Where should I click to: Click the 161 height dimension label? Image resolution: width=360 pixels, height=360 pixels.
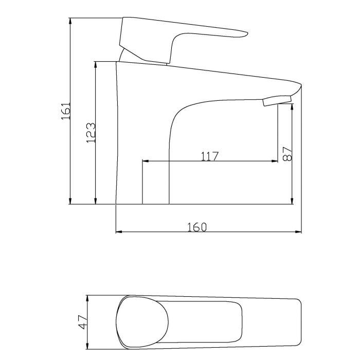pyautogui.click(x=65, y=111)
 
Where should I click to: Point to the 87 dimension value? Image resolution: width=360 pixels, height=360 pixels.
pyautogui.click(x=287, y=153)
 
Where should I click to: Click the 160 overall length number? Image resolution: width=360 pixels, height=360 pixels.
pyautogui.click(x=196, y=226)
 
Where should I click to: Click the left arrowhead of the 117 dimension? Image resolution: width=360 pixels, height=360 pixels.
pyautogui.click(x=145, y=161)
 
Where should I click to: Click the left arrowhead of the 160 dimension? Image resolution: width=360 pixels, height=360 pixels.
pyautogui.click(x=118, y=232)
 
